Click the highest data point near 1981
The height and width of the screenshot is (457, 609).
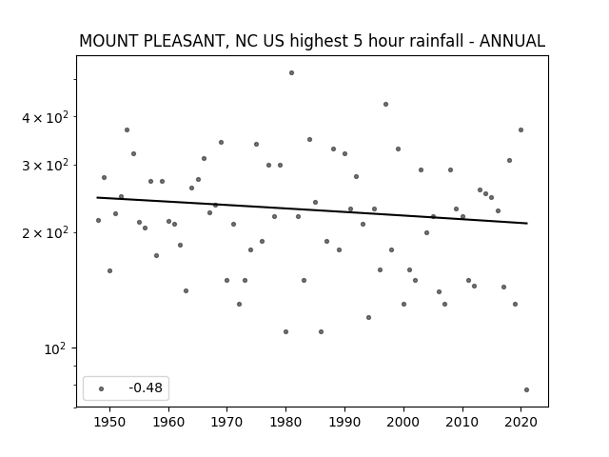tap(292, 73)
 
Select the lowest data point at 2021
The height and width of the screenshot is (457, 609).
tap(526, 389)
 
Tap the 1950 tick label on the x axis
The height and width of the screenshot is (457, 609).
tap(110, 422)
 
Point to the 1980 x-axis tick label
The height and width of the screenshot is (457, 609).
tap(285, 422)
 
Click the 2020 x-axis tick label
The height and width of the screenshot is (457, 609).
tap(521, 422)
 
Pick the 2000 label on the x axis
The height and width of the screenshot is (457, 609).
tap(403, 422)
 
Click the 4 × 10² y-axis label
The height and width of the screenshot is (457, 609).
tap(45, 117)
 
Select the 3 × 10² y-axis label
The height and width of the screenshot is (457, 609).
tap(45, 165)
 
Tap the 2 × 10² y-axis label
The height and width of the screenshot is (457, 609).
tap(45, 233)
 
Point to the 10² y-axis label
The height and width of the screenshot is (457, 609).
tap(55, 349)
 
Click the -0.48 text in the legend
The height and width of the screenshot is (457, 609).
tap(146, 387)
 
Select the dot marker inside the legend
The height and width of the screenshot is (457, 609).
tap(102, 388)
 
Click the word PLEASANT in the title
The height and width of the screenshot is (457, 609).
tap(184, 41)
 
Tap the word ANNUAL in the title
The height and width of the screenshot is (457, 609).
tap(512, 41)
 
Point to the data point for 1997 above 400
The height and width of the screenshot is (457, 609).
tap(385, 104)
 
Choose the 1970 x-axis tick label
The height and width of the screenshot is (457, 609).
tap(227, 422)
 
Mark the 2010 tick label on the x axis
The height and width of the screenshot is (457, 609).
tap(462, 422)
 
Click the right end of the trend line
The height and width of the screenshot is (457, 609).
tap(527, 223)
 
